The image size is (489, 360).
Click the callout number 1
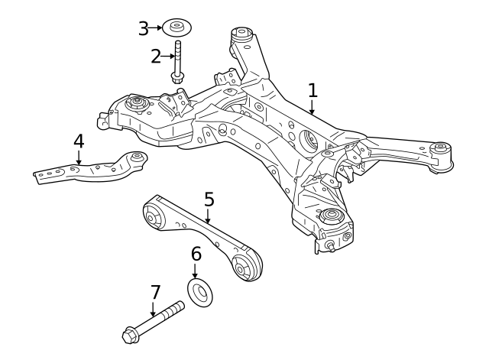(x=313, y=90)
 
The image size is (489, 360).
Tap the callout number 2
(x=156, y=56)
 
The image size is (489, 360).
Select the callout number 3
(x=144, y=28)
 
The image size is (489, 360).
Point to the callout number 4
(x=78, y=141)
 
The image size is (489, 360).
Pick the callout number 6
(x=196, y=254)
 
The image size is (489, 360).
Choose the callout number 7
(x=155, y=292)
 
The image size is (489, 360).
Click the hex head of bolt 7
(x=130, y=334)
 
